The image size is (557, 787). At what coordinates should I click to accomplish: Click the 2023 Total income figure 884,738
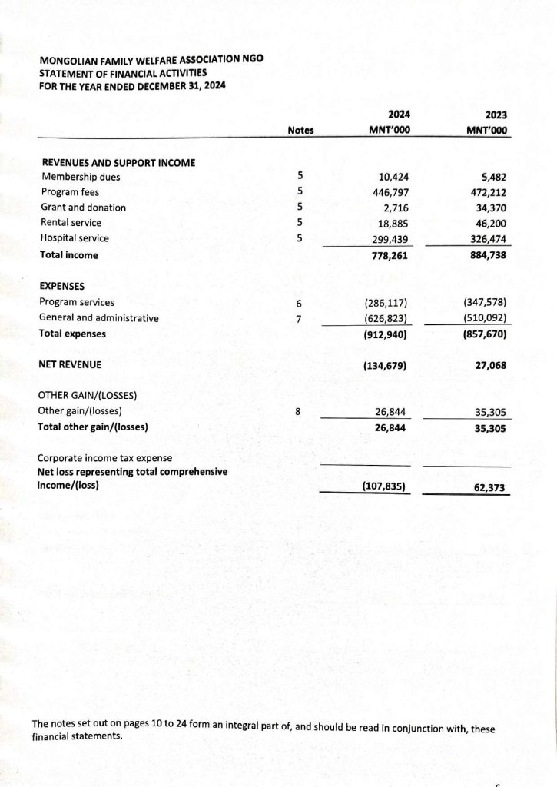coord(489,254)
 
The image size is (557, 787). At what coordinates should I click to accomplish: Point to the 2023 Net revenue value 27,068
coord(491,366)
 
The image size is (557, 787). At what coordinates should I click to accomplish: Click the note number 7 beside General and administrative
coord(299,318)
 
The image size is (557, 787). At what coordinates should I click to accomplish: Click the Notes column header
coord(300,131)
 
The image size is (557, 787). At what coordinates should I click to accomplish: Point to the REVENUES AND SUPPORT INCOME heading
coord(117,163)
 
